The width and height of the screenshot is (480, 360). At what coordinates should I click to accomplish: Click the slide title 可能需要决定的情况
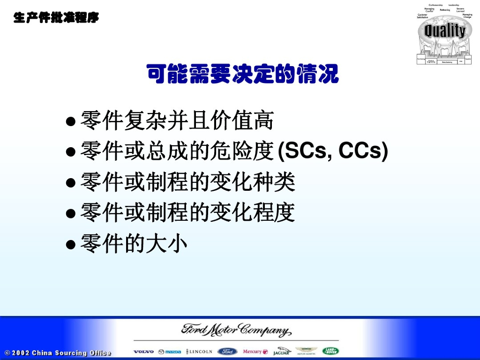coord(242,74)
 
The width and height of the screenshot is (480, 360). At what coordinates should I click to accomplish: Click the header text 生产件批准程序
coord(56,18)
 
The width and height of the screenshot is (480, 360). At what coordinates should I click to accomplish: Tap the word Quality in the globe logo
coord(444,31)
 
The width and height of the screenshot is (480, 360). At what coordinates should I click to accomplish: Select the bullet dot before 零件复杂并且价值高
coord(71,122)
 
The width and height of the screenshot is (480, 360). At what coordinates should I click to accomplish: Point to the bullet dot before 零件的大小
coord(71,244)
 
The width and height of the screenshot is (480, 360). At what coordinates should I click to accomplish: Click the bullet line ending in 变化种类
coord(187,182)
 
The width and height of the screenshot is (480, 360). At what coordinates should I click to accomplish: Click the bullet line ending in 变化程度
coord(187,213)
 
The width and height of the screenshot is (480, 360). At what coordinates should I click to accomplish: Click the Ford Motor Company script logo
coord(236,330)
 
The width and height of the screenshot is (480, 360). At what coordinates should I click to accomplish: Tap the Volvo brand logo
coord(143,352)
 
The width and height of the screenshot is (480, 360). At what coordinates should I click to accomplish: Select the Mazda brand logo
coord(169,352)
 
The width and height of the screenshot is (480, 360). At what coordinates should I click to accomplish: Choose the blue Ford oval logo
coord(227,352)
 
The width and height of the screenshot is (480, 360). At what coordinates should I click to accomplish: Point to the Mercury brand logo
coord(255,352)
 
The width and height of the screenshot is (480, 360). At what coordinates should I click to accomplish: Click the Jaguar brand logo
coord(282,352)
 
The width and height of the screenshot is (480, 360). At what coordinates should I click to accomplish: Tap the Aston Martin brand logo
coord(306,352)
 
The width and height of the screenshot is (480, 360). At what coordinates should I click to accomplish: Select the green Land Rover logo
coord(330,351)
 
